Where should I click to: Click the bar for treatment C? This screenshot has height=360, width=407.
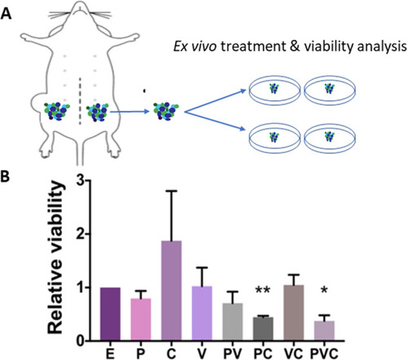(x=171, y=290)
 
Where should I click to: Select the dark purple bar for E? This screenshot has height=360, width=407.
(x=110, y=314)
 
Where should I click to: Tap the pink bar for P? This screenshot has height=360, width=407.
(x=141, y=319)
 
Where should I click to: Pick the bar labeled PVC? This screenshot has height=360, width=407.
(x=324, y=331)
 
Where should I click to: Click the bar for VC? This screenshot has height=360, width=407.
(x=294, y=313)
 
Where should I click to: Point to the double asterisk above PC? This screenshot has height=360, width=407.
(x=263, y=290)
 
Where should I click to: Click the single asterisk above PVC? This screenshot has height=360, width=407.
(x=324, y=290)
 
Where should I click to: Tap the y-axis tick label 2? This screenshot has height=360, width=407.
(x=80, y=234)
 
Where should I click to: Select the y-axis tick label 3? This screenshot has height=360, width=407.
(x=80, y=181)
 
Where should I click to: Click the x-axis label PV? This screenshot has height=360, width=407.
(x=233, y=353)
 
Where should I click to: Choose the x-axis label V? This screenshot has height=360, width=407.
(x=201, y=353)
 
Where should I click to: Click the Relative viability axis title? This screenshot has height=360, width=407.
(x=56, y=257)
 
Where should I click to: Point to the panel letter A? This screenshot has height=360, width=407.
(x=6, y=14)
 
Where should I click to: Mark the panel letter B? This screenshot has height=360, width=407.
(x=6, y=177)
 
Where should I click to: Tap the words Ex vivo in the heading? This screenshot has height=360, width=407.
(x=195, y=47)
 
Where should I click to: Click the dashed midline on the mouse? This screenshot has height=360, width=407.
(x=80, y=102)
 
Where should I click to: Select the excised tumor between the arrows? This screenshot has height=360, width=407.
(x=165, y=111)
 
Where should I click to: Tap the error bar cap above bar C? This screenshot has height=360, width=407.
(x=171, y=191)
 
